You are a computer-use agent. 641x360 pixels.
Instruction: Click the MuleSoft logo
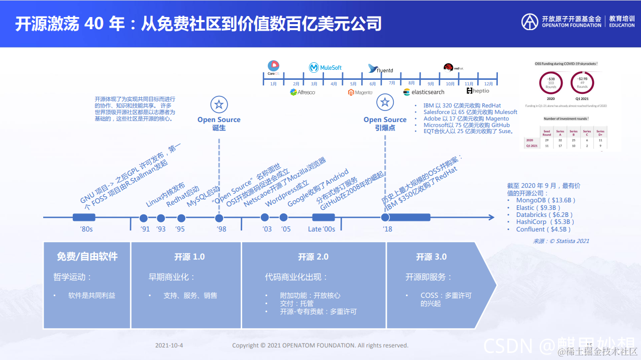point(325,67)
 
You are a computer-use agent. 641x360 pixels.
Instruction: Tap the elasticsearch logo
point(424,92)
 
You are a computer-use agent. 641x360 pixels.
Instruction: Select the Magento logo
point(360,92)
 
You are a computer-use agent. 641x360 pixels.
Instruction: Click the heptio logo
point(478,91)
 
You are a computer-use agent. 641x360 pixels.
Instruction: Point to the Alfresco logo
point(302,92)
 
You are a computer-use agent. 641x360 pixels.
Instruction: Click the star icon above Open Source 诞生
point(219,104)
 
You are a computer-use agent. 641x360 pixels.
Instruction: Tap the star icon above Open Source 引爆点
point(385,102)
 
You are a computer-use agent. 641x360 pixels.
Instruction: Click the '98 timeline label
point(221,229)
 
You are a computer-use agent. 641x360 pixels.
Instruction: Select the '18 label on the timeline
point(387,229)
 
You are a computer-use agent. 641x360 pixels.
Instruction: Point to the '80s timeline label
point(86,229)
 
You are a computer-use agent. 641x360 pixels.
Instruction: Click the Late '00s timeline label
point(322,229)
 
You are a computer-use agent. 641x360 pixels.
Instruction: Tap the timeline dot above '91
point(144,218)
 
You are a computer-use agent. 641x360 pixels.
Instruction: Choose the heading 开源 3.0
point(431,257)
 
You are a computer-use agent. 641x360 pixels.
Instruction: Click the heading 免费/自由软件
point(87,256)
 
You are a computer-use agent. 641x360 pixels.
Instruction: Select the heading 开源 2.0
point(313,257)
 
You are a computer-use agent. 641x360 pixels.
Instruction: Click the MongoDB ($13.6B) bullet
point(545,200)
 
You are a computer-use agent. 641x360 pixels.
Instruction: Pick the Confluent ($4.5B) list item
point(544,229)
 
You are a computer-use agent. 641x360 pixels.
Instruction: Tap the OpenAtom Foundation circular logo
point(529,21)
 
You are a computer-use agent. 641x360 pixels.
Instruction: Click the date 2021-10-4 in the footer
point(169,345)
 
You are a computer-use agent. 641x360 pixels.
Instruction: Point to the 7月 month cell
point(392,82)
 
